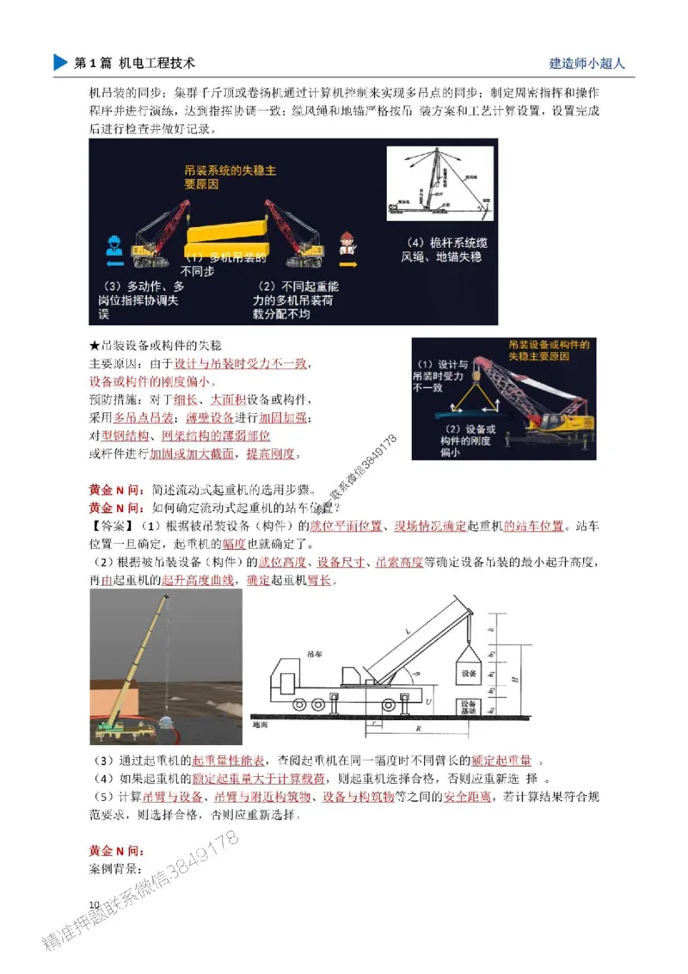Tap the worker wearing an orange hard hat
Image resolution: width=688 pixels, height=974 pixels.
(x=347, y=245)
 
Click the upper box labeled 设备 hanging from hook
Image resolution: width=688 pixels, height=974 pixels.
(x=469, y=672)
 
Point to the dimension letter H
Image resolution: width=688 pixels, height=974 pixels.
(x=513, y=680)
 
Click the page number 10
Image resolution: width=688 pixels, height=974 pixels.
(x=95, y=903)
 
